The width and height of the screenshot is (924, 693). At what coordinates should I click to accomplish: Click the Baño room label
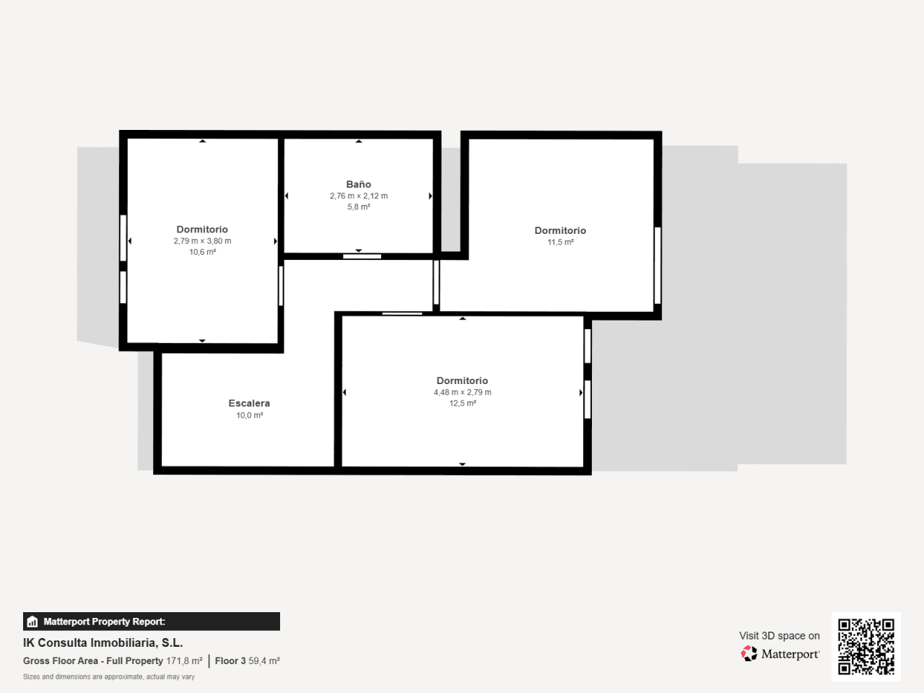click(x=359, y=184)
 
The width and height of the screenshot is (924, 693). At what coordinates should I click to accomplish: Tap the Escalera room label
click(x=249, y=403)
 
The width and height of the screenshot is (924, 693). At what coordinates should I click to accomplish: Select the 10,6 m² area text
click(x=202, y=252)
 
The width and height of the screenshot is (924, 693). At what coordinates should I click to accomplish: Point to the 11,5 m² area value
click(x=560, y=242)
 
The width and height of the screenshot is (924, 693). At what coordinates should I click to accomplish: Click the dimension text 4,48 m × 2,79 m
click(x=462, y=392)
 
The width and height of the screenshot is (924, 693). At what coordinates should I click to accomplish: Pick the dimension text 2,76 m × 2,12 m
click(x=359, y=196)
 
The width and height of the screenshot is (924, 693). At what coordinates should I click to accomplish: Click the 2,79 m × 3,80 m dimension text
click(x=202, y=240)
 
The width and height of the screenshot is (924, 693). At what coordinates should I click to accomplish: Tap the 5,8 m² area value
click(x=359, y=206)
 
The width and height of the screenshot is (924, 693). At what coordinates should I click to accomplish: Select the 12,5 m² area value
click(x=462, y=403)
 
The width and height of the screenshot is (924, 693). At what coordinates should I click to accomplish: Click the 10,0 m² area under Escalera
click(x=249, y=415)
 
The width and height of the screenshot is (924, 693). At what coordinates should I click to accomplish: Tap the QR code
click(x=866, y=646)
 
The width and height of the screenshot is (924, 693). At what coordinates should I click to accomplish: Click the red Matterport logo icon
click(x=749, y=653)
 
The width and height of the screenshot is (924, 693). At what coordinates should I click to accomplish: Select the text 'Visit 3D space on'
click(x=779, y=635)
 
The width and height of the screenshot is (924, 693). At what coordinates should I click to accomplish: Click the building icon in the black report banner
click(x=32, y=622)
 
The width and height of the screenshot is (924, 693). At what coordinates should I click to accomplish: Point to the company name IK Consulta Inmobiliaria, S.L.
click(x=103, y=642)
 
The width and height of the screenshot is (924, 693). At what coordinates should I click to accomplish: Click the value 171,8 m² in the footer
click(x=184, y=661)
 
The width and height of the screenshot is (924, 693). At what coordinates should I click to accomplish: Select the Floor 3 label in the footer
click(x=230, y=661)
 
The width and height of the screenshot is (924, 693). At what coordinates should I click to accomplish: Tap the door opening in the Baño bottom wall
click(x=362, y=256)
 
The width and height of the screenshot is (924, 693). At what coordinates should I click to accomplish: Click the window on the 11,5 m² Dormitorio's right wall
click(x=657, y=265)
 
